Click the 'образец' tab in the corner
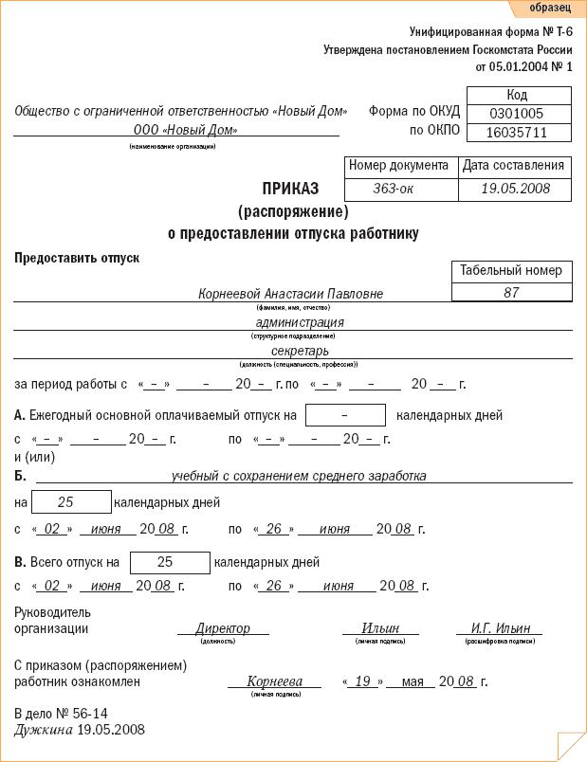click(x=550, y=8)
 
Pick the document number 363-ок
click(x=399, y=189)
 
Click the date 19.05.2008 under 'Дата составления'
click(x=515, y=189)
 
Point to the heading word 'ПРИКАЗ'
click(x=291, y=189)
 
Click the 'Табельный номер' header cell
click(x=511, y=270)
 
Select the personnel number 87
click(x=511, y=293)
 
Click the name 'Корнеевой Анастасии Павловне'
click(x=291, y=294)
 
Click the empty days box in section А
click(x=345, y=415)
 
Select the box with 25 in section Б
click(x=65, y=501)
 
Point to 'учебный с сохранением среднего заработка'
click(x=298, y=476)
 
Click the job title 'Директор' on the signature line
click(x=223, y=628)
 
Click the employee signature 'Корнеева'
click(x=274, y=681)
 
